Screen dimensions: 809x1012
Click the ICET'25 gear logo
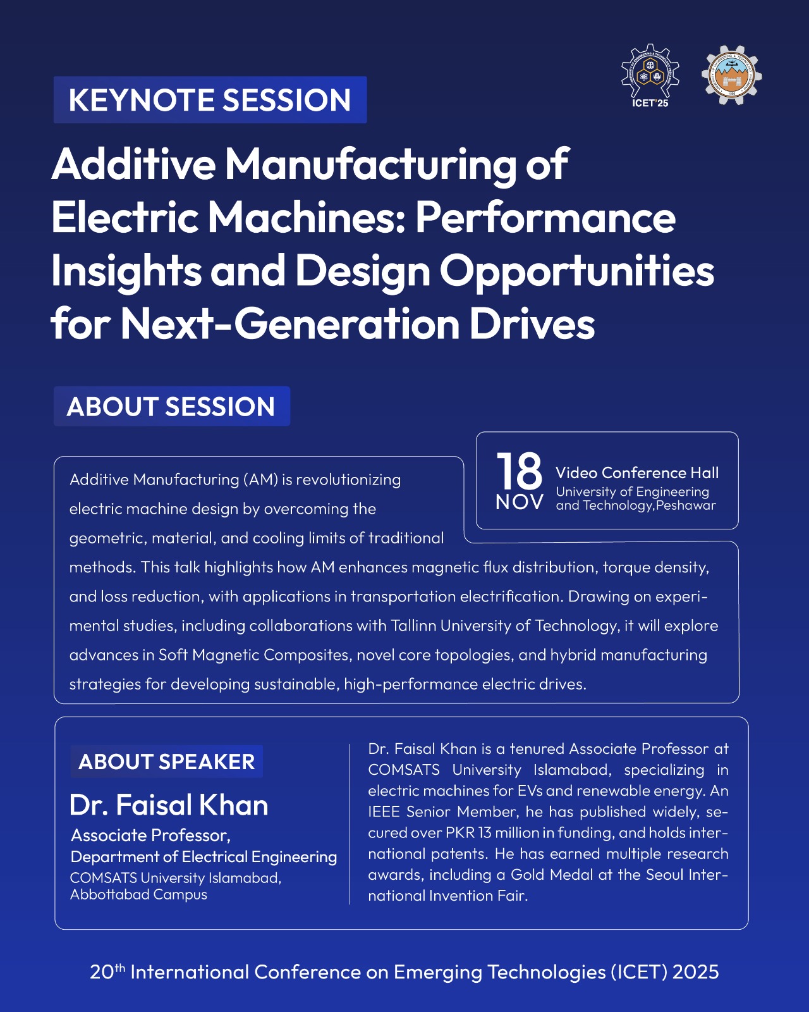[x=650, y=75]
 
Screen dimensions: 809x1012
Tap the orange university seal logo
[x=731, y=75]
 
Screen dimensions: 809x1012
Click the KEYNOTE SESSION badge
[x=210, y=100]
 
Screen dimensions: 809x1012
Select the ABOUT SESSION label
[x=171, y=406]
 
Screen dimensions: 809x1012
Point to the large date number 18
[x=520, y=471]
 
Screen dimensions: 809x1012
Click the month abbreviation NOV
[x=520, y=502]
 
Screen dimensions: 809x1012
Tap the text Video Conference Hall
[x=637, y=472]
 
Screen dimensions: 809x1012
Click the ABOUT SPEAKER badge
[x=166, y=762]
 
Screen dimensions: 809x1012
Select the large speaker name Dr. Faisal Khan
[x=169, y=805]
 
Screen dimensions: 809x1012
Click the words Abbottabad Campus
[x=138, y=894]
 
